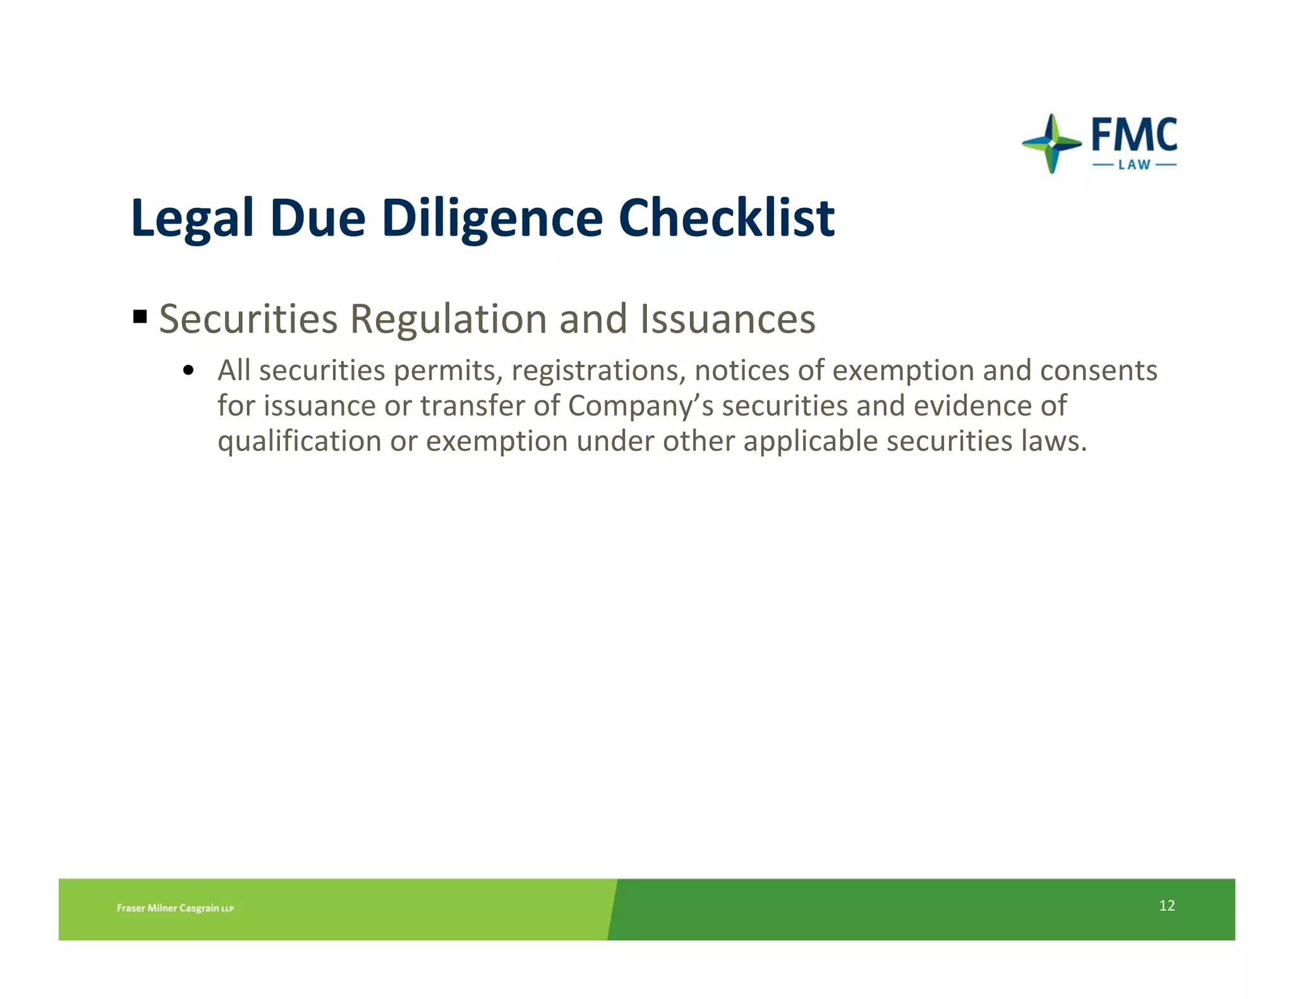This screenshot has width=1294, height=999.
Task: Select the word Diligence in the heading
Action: click(492, 218)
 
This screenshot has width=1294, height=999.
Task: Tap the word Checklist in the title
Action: click(727, 218)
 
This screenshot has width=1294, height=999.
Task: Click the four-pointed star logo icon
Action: click(1051, 143)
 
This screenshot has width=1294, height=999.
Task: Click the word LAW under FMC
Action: click(1134, 165)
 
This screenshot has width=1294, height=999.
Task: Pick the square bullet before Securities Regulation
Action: click(140, 316)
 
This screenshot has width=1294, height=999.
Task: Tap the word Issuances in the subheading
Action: click(727, 319)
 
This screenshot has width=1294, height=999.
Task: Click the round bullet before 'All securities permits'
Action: click(187, 371)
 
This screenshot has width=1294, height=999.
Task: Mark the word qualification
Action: click(299, 441)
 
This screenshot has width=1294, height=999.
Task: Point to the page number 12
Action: click(1166, 906)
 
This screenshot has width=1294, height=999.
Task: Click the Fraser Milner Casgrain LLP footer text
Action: click(175, 908)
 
